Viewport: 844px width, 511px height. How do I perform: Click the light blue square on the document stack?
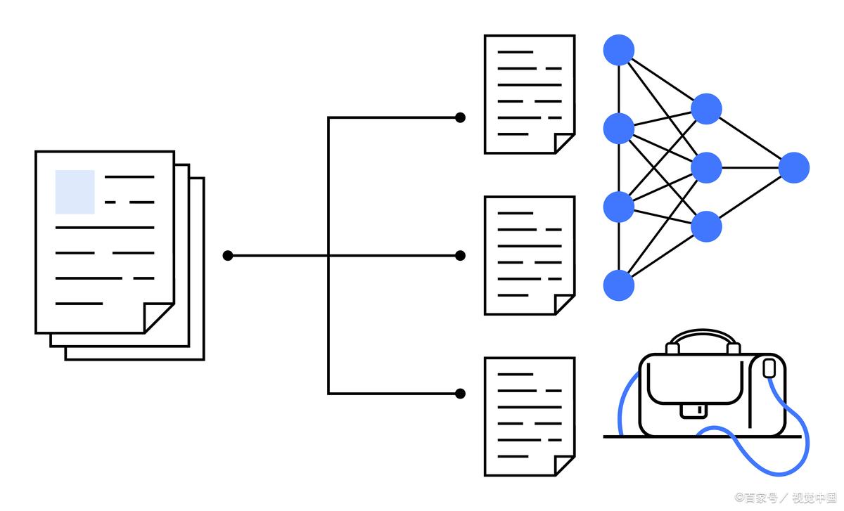click(x=75, y=191)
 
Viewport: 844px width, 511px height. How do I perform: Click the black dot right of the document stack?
click(x=227, y=255)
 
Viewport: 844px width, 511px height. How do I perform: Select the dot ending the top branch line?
click(x=460, y=117)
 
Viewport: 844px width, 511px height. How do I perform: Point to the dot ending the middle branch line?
click(x=460, y=255)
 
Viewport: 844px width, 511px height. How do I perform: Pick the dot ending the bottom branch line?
click(x=460, y=394)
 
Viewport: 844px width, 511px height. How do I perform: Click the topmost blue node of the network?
click(x=619, y=50)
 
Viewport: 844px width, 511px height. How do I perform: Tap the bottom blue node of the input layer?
click(x=619, y=285)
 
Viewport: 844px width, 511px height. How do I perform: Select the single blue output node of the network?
click(x=794, y=168)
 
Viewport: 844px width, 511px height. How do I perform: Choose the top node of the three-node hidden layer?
click(x=706, y=109)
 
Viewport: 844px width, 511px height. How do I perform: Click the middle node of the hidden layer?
click(x=706, y=168)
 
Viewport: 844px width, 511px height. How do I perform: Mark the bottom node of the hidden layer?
click(x=706, y=226)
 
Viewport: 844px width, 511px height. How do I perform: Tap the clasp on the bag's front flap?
click(x=694, y=410)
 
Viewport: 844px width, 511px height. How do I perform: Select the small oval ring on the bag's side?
click(x=769, y=368)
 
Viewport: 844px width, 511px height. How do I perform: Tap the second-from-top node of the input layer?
click(x=619, y=128)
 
